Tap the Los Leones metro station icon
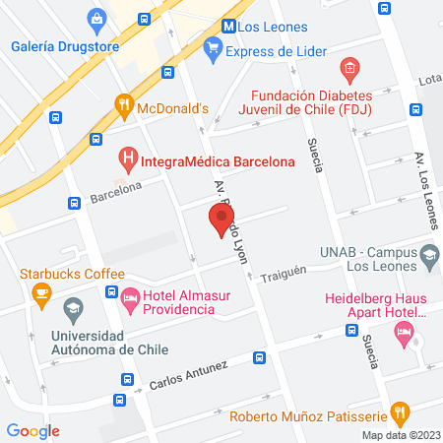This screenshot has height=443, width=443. click(x=228, y=27)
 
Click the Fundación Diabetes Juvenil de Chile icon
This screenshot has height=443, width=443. click(x=347, y=68)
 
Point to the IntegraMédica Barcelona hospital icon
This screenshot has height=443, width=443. click(x=127, y=156)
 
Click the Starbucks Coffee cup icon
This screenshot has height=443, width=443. click(x=41, y=291)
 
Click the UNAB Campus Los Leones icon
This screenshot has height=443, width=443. click(x=429, y=256)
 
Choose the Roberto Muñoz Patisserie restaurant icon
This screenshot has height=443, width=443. click(x=399, y=411)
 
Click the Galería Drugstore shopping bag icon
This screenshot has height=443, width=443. click(x=96, y=18)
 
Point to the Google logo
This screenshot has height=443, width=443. click(x=32, y=431)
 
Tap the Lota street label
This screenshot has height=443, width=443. click(x=429, y=79)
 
